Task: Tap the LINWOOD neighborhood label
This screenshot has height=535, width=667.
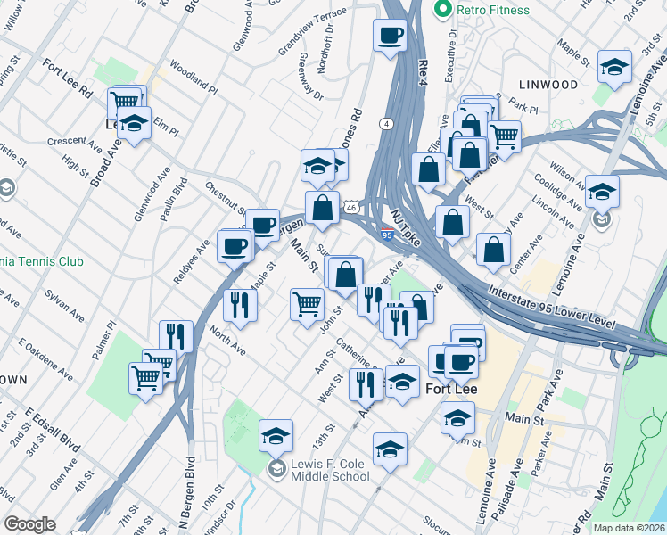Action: pos(548,84)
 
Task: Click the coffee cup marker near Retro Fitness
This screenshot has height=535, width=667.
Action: pos(391,36)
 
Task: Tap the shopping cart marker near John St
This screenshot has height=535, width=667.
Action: pos(308,304)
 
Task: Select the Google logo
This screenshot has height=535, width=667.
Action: pos(29,524)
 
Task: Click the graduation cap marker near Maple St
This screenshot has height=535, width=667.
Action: pos(613,67)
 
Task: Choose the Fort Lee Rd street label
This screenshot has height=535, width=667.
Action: pos(68,77)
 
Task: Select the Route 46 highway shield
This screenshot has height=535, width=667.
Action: pos(352,208)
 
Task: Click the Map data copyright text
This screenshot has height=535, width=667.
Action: pos(628,528)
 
